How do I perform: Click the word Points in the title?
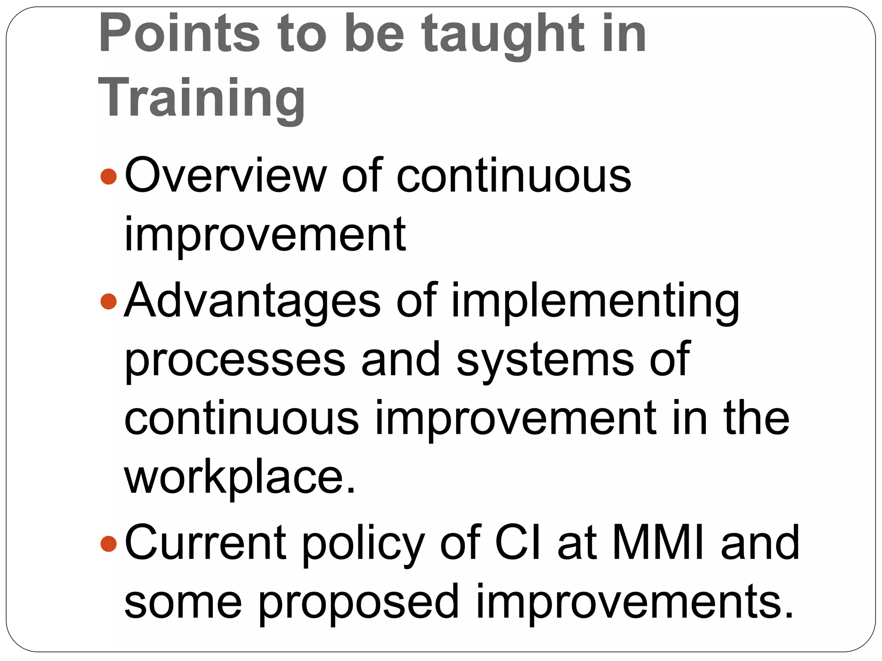(179, 34)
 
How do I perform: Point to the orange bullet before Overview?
(108, 176)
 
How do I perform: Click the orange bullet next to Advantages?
(108, 301)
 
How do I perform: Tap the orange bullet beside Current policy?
(108, 543)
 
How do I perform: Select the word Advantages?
(252, 301)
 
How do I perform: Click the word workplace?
(239, 479)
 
